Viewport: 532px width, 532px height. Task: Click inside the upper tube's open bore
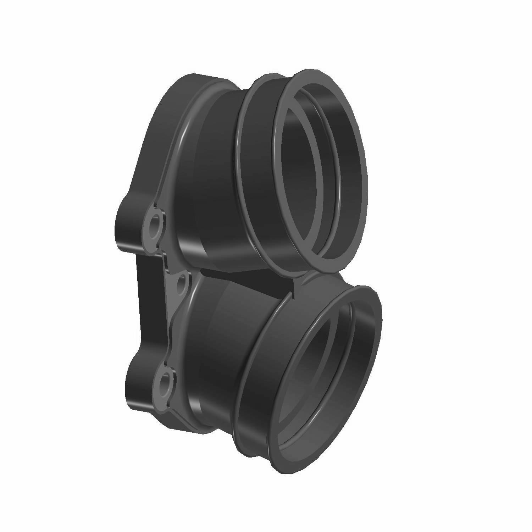312,170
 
